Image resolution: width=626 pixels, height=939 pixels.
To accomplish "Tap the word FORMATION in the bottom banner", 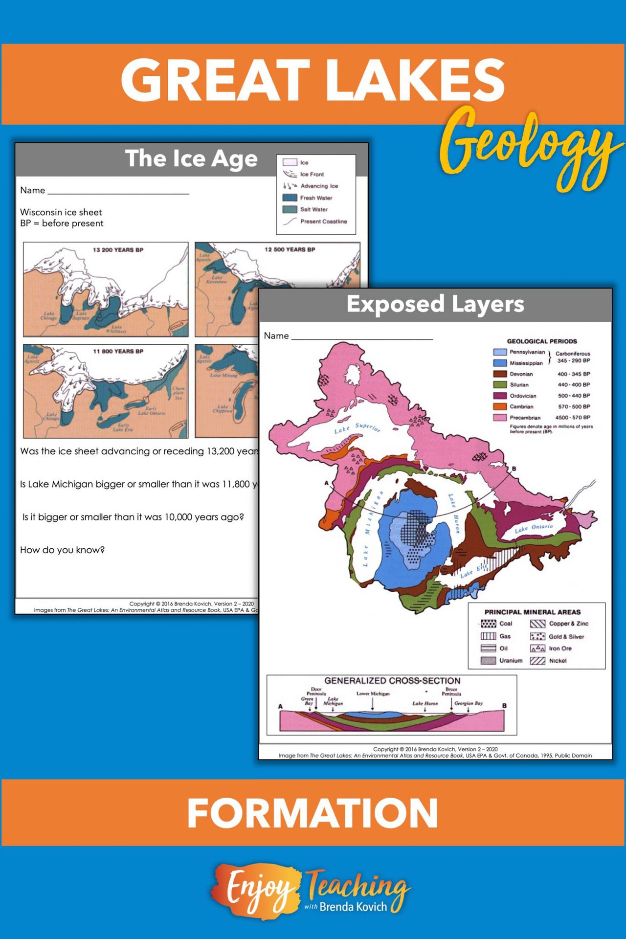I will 313,812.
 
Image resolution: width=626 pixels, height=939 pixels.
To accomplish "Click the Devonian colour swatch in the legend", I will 500,374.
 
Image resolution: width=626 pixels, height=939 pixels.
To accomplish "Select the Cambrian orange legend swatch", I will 500,406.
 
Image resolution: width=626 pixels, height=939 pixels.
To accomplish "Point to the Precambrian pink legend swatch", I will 500,418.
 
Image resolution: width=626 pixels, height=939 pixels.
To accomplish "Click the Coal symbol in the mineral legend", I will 488,624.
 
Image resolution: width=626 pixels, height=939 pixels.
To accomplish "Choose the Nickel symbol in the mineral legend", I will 537,661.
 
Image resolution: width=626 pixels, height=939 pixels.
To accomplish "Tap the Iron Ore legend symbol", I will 537,648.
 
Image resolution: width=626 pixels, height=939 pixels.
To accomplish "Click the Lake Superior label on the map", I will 357,428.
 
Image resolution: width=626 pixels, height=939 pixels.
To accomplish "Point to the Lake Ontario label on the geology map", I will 534,528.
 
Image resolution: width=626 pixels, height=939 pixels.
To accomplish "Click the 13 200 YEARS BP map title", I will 118,250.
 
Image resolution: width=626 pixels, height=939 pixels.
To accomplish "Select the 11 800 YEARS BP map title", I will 118,351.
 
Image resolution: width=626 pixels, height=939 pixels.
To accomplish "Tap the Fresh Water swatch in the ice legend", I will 290,198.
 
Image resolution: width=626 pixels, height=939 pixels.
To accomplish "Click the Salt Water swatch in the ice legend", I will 290,209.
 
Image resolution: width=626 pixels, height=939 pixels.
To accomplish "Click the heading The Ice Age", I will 191,158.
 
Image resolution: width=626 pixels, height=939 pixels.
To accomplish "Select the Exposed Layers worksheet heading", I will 435,304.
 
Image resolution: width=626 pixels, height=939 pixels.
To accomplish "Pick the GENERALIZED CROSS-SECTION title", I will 392,681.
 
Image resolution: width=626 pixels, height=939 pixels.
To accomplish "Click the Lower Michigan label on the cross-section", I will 373,693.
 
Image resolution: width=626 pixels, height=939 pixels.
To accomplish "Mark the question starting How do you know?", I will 63,550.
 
